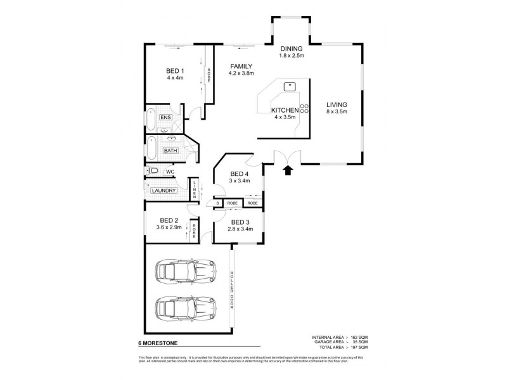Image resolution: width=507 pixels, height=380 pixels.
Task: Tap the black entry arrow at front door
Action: tap(288, 169)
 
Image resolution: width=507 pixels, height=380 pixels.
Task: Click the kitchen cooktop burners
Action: tap(304, 108)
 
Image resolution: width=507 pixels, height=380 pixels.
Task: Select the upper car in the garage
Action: tap(184, 272)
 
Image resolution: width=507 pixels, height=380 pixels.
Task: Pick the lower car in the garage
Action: tap(184, 310)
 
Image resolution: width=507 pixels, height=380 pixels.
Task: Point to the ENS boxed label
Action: tap(165, 118)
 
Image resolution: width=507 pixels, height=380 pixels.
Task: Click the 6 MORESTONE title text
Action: tap(156, 345)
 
